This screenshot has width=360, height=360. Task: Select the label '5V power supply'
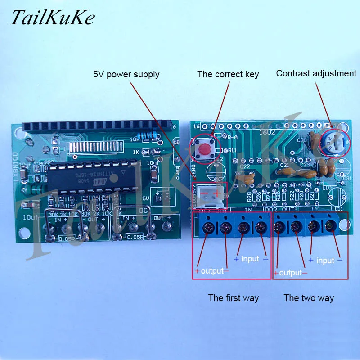[x=126, y=74]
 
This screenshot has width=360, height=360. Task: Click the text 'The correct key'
[x=228, y=74]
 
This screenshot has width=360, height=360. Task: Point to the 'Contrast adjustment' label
[x=316, y=73]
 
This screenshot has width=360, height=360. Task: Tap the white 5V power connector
[x=211, y=194]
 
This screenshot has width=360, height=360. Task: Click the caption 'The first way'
[x=233, y=297]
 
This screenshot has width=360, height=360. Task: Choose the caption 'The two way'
[x=309, y=297]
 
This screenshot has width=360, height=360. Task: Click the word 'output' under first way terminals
[x=212, y=271]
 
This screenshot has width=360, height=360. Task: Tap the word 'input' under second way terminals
[x=325, y=260]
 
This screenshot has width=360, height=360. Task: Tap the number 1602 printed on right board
[x=265, y=132]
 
